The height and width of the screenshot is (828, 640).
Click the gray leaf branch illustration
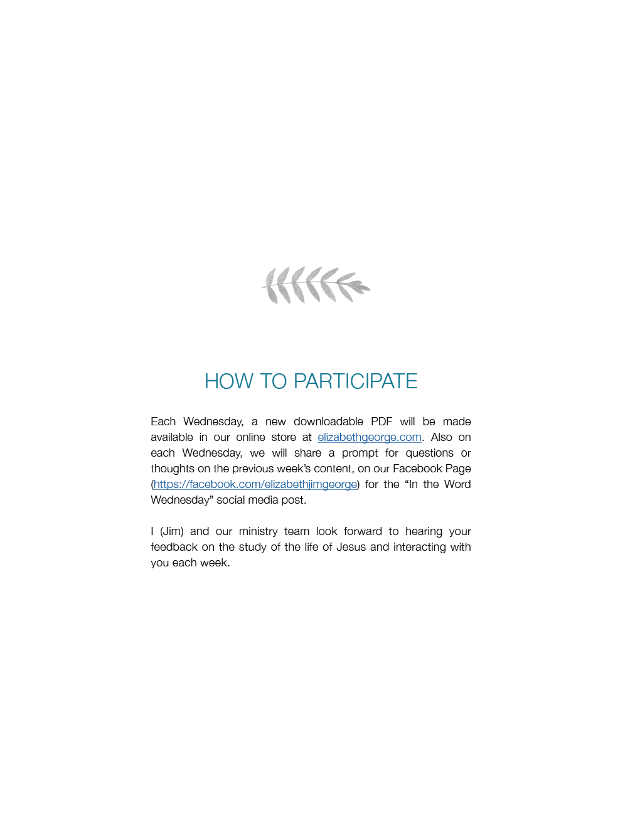coord(316,285)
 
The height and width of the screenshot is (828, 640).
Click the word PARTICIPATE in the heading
coord(355,381)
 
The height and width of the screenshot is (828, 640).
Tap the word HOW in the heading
coord(228,381)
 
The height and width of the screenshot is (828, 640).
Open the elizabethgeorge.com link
coord(369,437)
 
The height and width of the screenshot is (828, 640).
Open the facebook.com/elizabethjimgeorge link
coord(255,484)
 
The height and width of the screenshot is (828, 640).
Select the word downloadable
coord(328,422)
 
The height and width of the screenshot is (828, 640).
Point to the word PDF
coord(381,422)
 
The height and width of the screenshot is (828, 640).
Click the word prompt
coord(360,453)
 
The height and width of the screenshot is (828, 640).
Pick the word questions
coord(429,453)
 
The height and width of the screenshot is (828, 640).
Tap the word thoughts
coord(173,469)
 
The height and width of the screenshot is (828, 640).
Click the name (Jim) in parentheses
coord(172,531)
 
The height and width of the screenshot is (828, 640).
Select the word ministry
coord(258,531)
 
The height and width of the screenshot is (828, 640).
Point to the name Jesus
coord(351,547)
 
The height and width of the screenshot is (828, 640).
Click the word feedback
coord(174,547)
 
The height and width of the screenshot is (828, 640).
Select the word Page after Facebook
coord(458,469)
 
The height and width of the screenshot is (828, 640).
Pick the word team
coord(296,531)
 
